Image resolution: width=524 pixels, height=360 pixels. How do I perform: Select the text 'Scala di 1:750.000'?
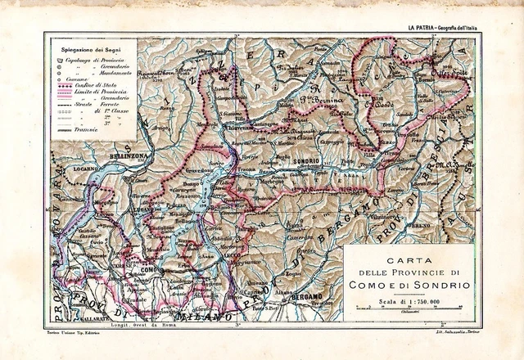coord(409,301)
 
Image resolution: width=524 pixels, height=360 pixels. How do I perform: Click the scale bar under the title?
coord(409,308)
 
